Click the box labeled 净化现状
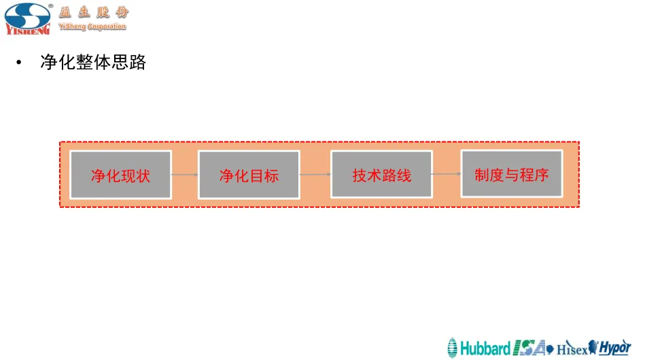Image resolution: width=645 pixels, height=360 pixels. pyautogui.click(x=121, y=175)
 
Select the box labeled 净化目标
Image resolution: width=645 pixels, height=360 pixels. pyautogui.click(x=249, y=175)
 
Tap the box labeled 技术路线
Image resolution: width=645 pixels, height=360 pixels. pyautogui.click(x=381, y=175)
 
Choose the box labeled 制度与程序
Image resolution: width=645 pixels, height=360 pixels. pyautogui.click(x=512, y=174)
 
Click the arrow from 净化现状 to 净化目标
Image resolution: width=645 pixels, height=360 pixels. pyautogui.click(x=185, y=175)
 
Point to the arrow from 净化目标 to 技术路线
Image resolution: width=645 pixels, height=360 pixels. pyautogui.click(x=315, y=175)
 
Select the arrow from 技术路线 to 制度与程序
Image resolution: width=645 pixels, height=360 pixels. pyautogui.click(x=447, y=174)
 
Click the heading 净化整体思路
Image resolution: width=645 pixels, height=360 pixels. pyautogui.click(x=94, y=63)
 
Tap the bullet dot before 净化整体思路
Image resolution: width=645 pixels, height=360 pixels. pyautogui.click(x=20, y=64)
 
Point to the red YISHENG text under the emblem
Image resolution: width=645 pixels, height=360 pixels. pyautogui.click(x=27, y=30)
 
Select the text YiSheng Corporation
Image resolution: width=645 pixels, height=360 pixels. pyautogui.click(x=92, y=27)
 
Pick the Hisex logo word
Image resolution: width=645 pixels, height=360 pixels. pyautogui.click(x=572, y=349)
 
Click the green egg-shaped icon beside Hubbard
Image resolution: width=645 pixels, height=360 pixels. pyautogui.click(x=453, y=348)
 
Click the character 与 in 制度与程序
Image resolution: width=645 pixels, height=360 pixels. pyautogui.click(x=511, y=175)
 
